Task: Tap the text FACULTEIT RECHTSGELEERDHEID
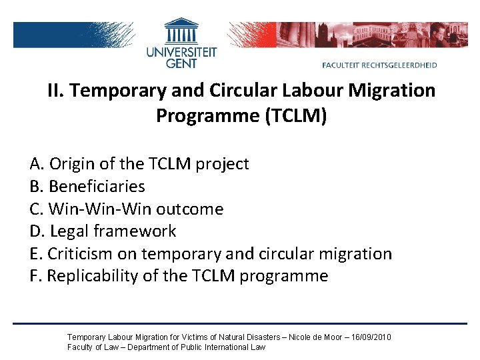379,65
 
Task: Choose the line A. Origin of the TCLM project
139,164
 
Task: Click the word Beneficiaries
97,187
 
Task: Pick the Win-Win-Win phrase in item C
99,209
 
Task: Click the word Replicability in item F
92,276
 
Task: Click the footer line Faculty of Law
166,347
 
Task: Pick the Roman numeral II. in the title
55,90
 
